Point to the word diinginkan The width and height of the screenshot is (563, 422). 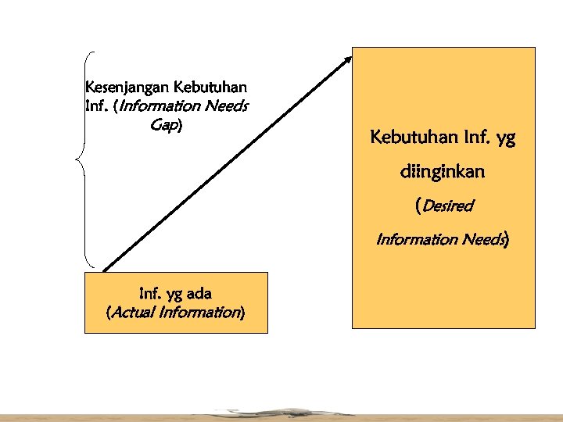(x=443, y=172)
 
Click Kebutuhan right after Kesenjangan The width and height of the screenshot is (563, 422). (x=213, y=85)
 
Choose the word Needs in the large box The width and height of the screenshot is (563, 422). (x=479, y=239)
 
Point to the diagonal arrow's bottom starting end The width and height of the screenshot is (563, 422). (x=104, y=270)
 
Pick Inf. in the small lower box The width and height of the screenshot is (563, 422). (x=149, y=294)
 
